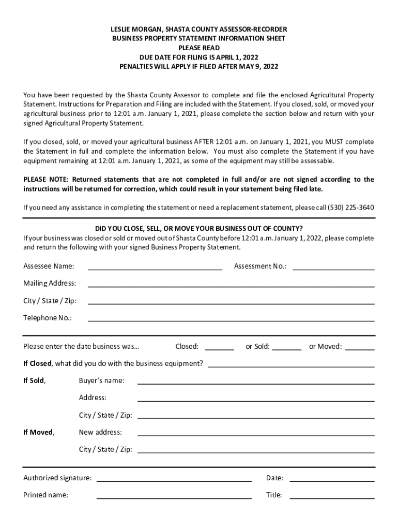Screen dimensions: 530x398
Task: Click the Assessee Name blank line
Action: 155,268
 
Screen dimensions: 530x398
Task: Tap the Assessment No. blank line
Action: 333,268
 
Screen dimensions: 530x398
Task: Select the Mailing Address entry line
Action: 231,285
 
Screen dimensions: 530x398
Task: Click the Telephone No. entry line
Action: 231,320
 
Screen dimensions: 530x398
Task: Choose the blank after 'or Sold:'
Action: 287,349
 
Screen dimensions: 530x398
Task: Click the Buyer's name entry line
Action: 256,383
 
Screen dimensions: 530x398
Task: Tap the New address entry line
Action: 256,434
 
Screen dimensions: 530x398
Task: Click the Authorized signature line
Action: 174,480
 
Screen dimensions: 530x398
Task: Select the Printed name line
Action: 174,497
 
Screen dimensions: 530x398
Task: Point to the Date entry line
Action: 332,480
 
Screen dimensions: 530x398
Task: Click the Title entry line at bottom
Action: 332,497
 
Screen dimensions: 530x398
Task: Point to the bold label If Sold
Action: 34,381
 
